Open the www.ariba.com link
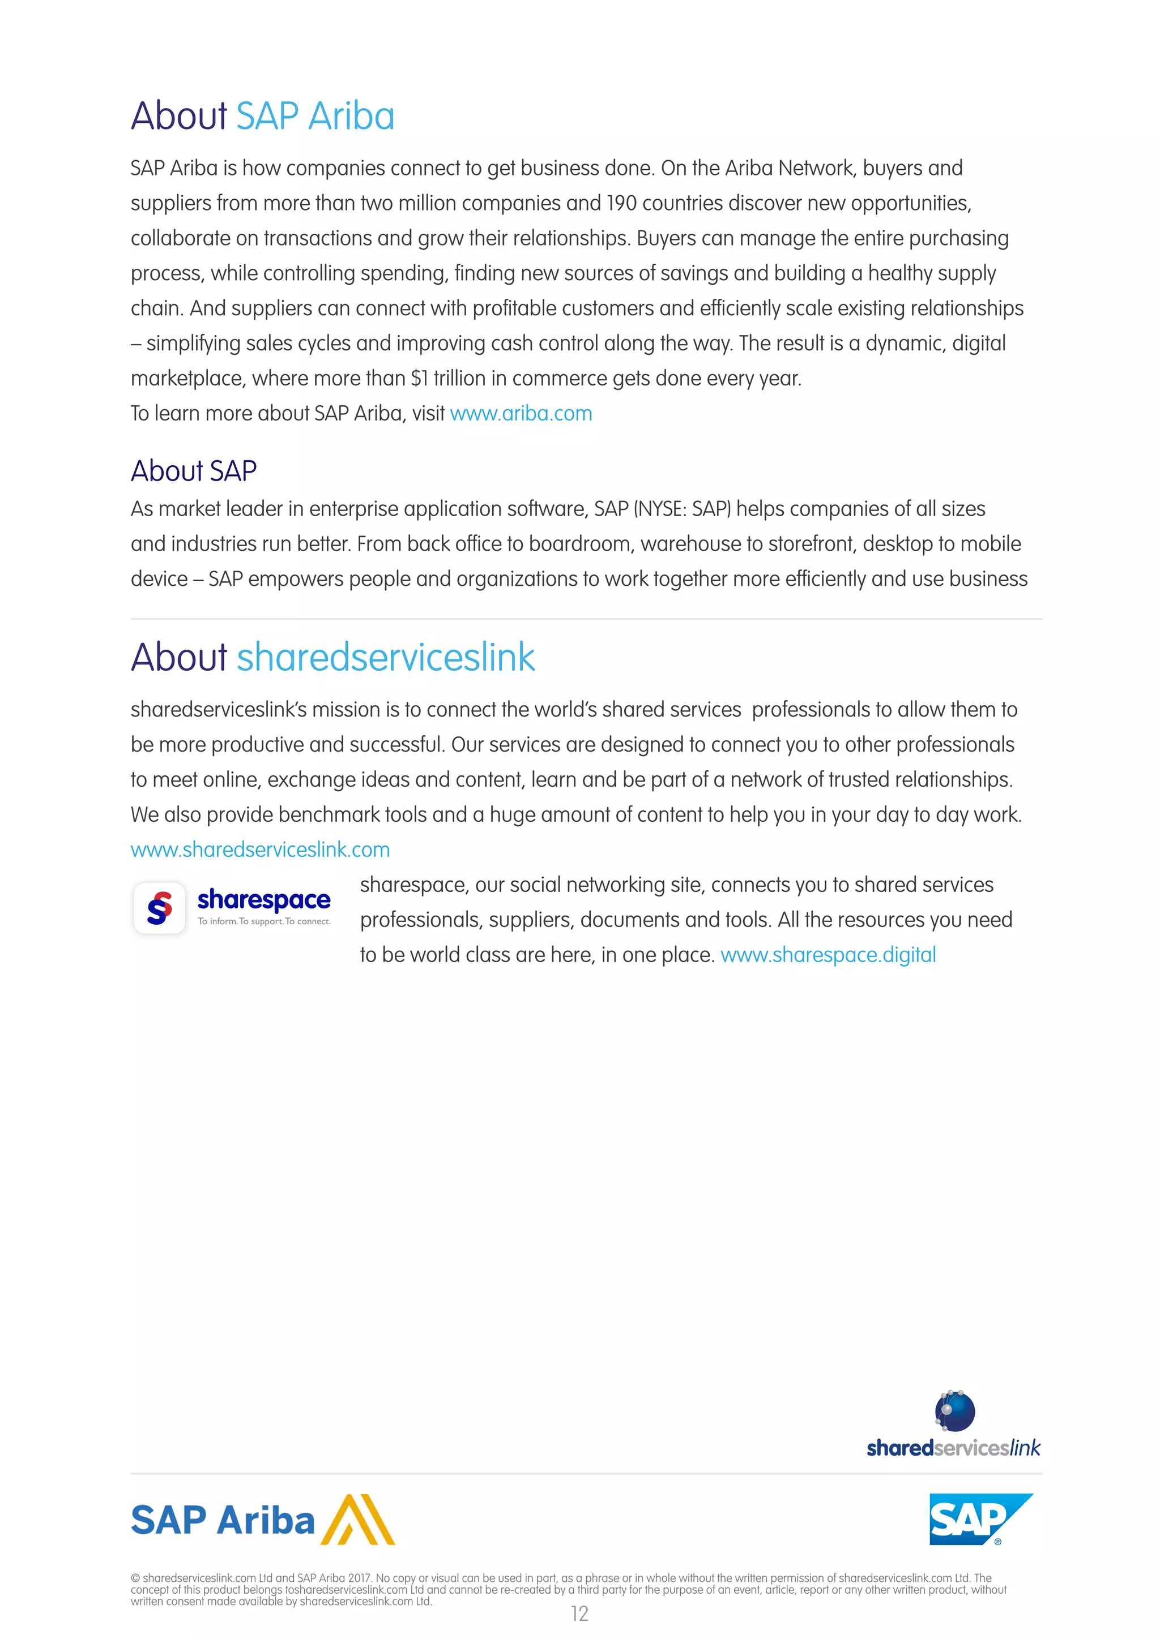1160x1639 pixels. (521, 413)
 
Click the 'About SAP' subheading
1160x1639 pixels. (194, 471)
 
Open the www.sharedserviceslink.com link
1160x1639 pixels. (260, 849)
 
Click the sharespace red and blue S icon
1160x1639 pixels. (159, 908)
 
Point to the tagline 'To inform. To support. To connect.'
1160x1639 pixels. (265, 921)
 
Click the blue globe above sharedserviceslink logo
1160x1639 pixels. (954, 1411)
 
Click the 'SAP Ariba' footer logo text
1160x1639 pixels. (223, 1521)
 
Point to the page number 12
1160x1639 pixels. (579, 1614)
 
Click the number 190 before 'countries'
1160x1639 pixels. (621, 203)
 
